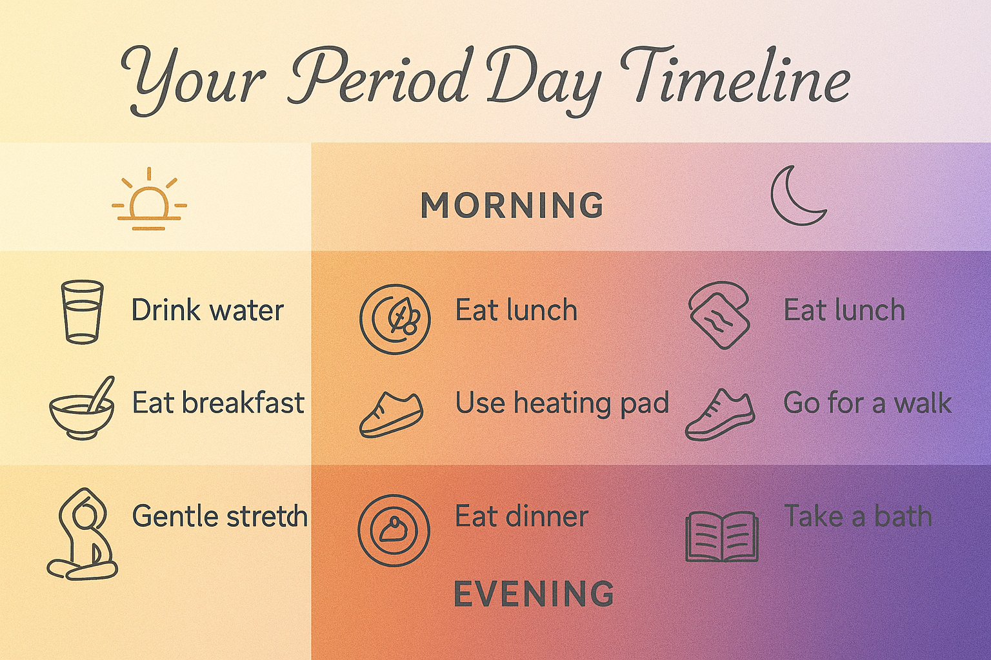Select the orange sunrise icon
pos(149,199)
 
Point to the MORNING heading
pos(512,205)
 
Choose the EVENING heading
pos(534,594)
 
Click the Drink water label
pos(208,310)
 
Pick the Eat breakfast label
pos(219,403)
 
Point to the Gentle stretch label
pos(220,516)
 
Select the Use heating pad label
pos(562,403)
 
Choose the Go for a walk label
pos(867,403)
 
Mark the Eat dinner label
pos(522,516)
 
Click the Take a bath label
pos(858,516)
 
